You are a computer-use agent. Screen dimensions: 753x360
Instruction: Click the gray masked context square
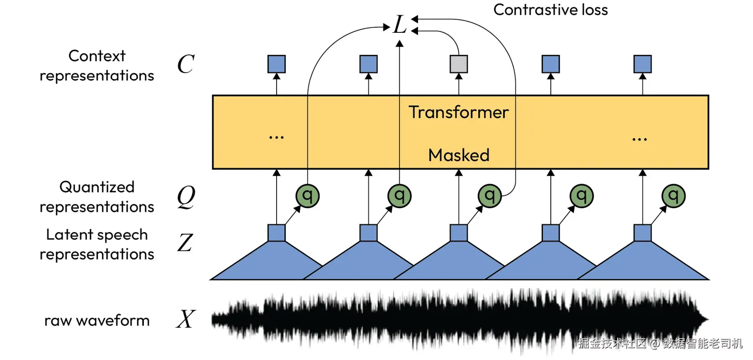[x=459, y=64]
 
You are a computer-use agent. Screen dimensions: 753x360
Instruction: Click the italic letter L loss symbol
[x=400, y=24]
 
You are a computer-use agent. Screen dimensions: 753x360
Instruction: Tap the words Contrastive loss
[x=551, y=10]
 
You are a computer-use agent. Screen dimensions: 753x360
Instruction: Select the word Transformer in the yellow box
[x=459, y=112]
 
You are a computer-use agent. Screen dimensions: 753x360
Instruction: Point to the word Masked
[x=459, y=155]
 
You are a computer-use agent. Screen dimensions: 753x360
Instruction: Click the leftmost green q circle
[x=307, y=196]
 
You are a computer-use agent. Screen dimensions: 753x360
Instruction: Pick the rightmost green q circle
[x=673, y=196]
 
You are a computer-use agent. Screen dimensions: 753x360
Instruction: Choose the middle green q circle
[x=490, y=196]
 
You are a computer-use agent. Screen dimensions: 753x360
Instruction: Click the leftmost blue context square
[x=276, y=64]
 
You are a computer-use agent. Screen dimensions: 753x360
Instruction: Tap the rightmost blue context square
[x=643, y=64]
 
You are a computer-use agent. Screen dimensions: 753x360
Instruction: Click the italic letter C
[x=186, y=64]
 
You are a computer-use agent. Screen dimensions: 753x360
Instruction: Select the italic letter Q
[x=186, y=197]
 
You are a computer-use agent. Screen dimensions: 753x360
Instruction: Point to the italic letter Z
[x=185, y=242]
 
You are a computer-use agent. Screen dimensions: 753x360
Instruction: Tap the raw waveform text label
[x=97, y=321]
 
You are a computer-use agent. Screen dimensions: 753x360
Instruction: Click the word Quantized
[x=97, y=188]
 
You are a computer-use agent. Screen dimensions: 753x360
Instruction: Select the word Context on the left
[x=97, y=56]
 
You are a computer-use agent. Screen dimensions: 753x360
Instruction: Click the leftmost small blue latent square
[x=276, y=233]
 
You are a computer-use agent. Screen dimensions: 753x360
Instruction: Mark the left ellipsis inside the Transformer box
[x=276, y=137]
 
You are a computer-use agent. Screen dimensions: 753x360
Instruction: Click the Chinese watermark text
[x=660, y=344]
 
